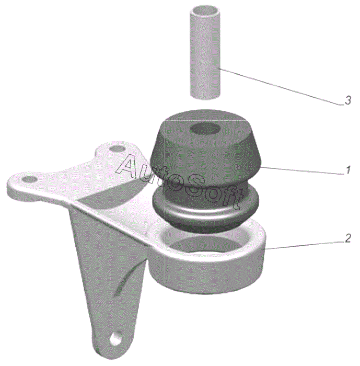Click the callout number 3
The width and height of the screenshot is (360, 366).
347,100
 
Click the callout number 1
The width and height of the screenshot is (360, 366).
348,170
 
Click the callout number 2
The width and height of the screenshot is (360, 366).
347,238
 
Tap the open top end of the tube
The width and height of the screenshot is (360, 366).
205,11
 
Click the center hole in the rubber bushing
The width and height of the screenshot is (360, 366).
205,129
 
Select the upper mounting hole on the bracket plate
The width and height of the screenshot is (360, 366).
117,148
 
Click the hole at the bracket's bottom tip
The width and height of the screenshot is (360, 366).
116,338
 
